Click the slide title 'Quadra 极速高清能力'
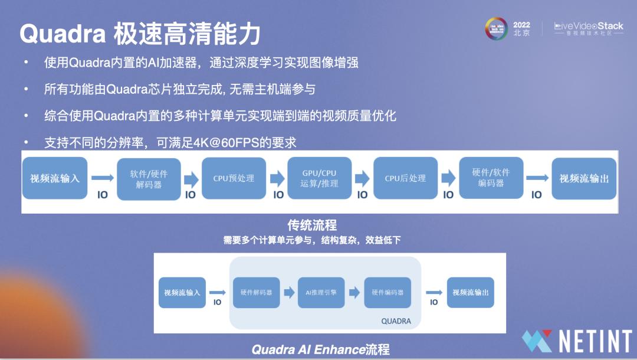point(140,34)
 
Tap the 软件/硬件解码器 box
point(149,178)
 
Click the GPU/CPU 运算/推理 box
point(319,178)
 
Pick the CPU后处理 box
point(405,178)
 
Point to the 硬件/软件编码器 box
point(491,178)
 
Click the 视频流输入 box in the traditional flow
point(55,178)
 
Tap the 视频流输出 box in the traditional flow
point(584,178)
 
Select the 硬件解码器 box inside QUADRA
point(257,292)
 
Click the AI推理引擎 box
point(321,292)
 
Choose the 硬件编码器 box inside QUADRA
point(388,292)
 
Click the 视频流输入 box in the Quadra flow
point(182,292)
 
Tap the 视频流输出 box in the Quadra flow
point(470,292)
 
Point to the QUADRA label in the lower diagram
point(396,322)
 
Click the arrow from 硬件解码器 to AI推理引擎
point(289,292)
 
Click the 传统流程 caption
point(312,225)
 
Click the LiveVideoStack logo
point(589,28)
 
